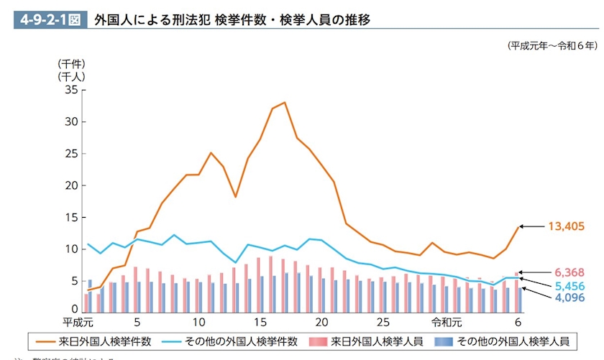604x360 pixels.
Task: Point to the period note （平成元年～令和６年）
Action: click(x=552, y=46)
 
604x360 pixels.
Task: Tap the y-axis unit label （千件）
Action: click(x=72, y=63)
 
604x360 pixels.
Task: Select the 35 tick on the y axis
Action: click(x=71, y=90)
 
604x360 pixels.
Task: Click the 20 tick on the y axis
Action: click(x=71, y=185)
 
